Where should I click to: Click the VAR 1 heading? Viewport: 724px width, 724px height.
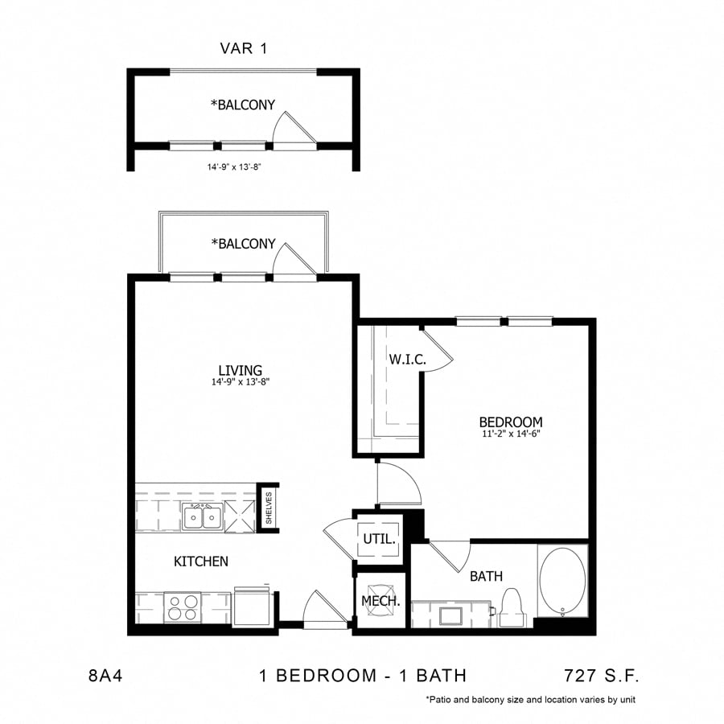243,48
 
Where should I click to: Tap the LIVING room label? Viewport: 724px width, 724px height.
240,370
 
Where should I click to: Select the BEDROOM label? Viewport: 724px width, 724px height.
511,422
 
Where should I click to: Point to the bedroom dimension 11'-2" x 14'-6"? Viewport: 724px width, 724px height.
511,434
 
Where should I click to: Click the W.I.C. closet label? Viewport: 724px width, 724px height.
407,360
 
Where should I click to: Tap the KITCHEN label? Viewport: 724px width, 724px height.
201,561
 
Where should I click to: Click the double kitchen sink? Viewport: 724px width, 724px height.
202,516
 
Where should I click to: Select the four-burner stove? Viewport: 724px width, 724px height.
183,607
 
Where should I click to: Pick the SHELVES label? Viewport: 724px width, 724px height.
269,508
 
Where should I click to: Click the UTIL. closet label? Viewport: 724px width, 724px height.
379,538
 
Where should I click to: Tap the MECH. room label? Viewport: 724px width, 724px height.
381,601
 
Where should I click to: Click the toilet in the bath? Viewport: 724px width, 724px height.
512,608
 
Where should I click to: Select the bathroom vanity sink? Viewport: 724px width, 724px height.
450,615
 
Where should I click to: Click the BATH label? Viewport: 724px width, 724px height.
486,576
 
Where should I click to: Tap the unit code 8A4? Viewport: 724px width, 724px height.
105,676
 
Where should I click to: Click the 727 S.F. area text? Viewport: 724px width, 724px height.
602,676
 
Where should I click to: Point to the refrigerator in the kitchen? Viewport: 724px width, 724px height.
253,606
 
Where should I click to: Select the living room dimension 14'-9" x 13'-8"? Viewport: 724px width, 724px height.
240,382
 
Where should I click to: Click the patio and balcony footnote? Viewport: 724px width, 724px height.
531,700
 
